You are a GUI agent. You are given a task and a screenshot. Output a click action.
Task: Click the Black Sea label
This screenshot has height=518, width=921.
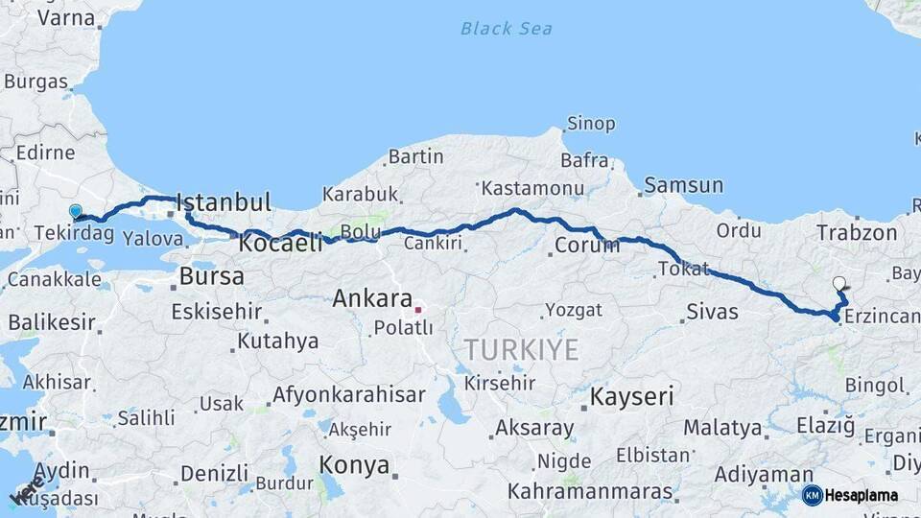point(506,29)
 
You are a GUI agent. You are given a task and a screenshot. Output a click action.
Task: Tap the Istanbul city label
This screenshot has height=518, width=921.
point(224,202)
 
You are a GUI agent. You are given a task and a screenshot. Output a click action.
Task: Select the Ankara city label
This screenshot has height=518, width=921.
point(372,298)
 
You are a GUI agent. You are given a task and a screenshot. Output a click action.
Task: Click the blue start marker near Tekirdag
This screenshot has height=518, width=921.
point(75,211)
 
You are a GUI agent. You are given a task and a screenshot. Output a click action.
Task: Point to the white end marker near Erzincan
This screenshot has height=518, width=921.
point(839,283)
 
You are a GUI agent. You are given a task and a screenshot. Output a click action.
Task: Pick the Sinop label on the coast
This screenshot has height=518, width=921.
point(591,124)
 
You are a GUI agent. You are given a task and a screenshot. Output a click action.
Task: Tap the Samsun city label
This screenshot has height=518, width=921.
point(684,185)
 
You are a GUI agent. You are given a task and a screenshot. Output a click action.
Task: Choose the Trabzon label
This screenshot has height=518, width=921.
point(857,232)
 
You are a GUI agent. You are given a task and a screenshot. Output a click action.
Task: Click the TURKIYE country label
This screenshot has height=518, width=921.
point(521,349)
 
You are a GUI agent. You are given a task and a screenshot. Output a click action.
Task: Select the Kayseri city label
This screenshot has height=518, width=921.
point(632,395)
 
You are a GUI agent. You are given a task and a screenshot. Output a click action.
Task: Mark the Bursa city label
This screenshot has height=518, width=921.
point(206,278)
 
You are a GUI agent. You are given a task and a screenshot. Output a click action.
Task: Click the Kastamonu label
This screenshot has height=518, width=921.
point(532,188)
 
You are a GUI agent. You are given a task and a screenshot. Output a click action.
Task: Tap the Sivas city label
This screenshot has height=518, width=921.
point(713,312)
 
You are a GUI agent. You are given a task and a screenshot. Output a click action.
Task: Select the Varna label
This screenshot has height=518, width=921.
point(65,16)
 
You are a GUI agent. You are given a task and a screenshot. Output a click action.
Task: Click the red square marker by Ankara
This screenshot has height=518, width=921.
point(418,310)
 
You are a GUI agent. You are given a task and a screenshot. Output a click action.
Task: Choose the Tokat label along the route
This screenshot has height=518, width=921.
point(683,270)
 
